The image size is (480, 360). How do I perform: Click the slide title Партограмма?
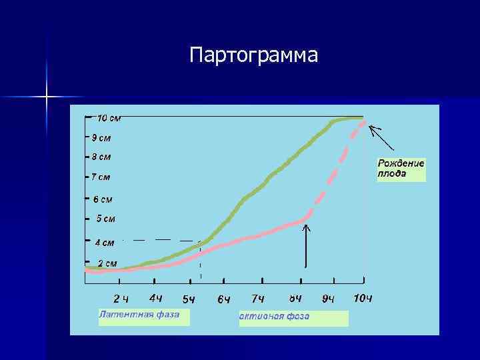point(253,55)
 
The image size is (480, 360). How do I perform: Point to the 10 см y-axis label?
point(109,118)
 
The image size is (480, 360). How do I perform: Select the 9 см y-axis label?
point(101,138)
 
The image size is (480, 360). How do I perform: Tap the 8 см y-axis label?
point(101,157)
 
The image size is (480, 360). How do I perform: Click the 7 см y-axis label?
point(101,177)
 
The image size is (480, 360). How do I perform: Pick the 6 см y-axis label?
point(103,199)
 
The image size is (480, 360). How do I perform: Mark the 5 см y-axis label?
point(105,219)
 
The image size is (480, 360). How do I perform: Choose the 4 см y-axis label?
point(104,243)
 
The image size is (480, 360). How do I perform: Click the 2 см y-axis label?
point(107,263)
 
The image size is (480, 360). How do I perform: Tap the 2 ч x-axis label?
point(121,299)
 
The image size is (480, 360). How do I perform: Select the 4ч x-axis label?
point(156,298)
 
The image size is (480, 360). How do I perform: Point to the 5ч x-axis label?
point(189,299)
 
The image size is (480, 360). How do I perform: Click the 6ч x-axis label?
point(224,299)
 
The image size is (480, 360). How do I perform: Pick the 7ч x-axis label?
point(258,299)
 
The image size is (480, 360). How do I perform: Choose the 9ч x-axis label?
point(329,299)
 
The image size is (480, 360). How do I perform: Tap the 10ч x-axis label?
point(362,298)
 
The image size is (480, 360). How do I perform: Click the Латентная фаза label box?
point(143,316)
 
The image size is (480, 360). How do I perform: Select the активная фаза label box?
point(293,318)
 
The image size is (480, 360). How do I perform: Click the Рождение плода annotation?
point(401,170)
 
